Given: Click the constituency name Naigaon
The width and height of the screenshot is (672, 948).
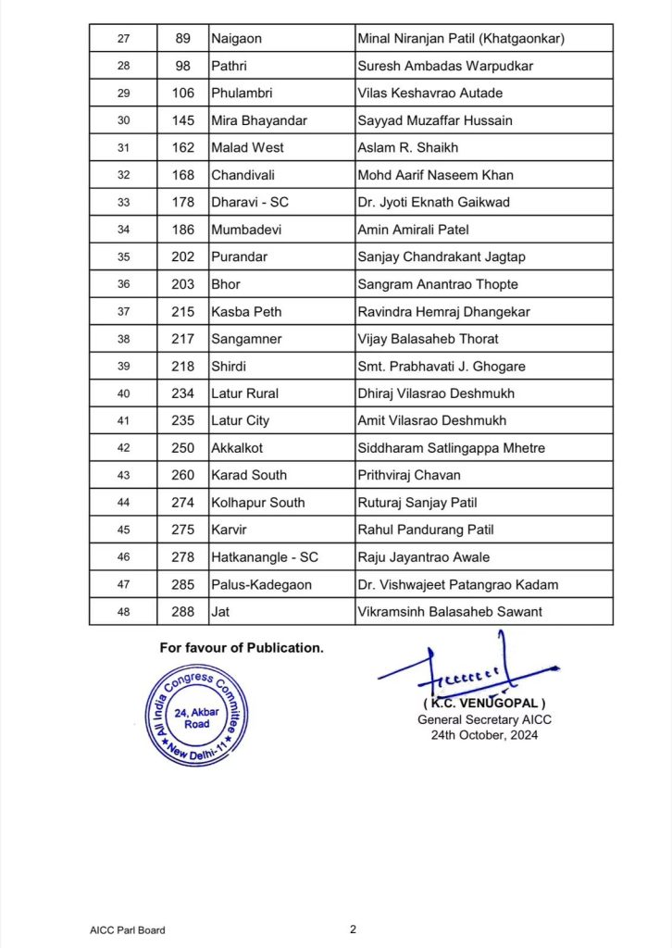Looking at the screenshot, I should [237, 38].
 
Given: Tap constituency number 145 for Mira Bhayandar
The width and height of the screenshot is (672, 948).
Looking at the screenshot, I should [183, 120].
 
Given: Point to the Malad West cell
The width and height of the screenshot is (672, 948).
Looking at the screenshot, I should [247, 147].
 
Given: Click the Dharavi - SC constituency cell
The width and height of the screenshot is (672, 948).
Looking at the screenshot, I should [250, 202].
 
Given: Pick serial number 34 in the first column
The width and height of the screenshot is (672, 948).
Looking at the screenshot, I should [123, 230].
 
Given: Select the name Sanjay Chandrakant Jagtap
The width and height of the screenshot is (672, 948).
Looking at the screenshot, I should [442, 256].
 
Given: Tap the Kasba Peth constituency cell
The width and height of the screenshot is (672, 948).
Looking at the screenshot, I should [245, 311].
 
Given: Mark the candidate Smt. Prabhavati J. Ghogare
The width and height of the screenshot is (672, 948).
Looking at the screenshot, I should [441, 366].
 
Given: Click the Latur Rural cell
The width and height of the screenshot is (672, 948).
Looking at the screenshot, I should [245, 393].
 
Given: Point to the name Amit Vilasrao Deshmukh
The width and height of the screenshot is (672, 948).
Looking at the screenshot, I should [431, 420].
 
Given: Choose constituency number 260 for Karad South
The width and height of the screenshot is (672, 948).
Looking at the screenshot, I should [183, 475].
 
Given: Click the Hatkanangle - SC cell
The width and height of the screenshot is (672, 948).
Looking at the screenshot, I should [263, 557].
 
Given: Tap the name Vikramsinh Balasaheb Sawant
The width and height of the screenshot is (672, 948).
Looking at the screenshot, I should [449, 612].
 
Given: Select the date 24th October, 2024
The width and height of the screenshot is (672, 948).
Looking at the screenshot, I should [478, 735].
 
